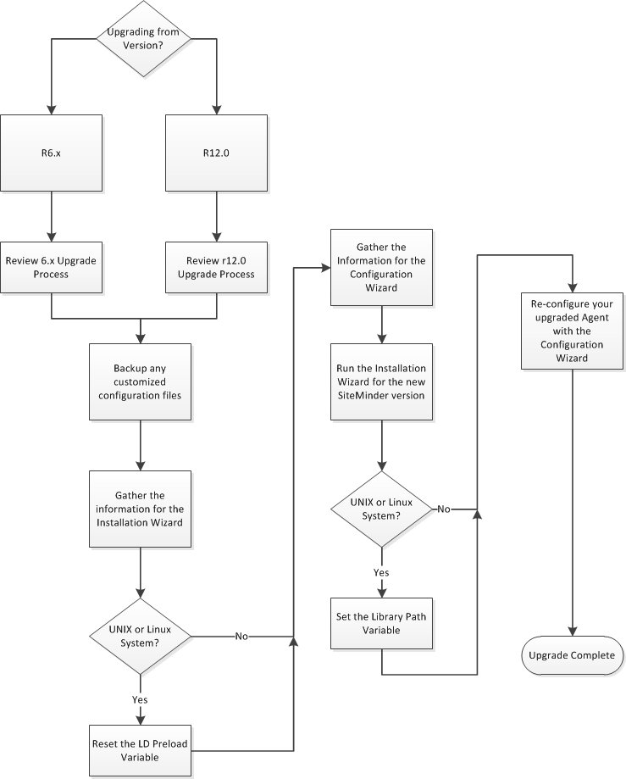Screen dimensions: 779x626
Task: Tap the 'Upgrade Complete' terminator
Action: (x=573, y=655)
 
